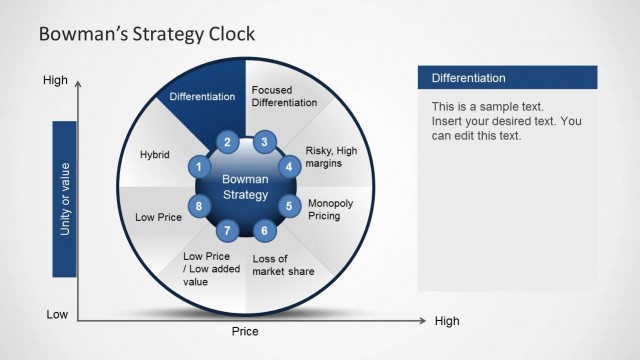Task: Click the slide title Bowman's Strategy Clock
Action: pos(146,34)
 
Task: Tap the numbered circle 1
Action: pos(200,167)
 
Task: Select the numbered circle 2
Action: pos(228,142)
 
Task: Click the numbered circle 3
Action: pos(264,142)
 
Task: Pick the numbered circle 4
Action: pos(290,167)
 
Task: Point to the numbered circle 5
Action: pos(290,207)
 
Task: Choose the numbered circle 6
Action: pos(264,231)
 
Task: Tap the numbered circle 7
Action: pos(228,231)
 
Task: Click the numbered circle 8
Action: pos(200,207)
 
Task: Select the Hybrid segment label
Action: pos(155,155)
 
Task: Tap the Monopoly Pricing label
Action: pos(331,208)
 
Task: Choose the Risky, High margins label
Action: pos(330,156)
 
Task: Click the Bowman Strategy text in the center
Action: pos(245,186)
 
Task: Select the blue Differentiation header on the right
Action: pos(506,78)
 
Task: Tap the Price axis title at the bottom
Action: pos(245,331)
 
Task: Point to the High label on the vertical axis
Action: pos(55,79)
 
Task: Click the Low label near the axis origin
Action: pos(57,314)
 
